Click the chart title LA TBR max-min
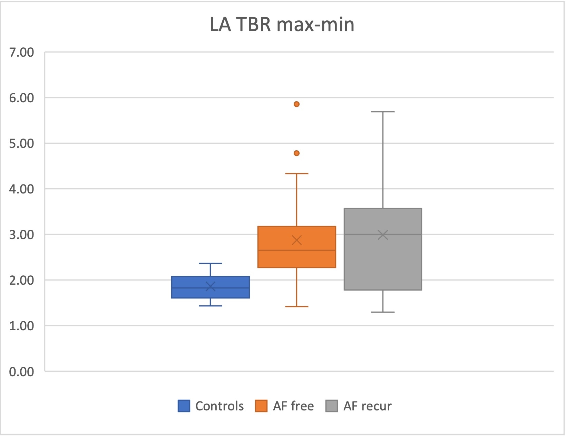[282, 25]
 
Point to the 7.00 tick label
[21, 53]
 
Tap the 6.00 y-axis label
[21, 98]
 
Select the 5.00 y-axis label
[21, 144]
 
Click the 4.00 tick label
[21, 189]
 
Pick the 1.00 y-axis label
[21, 326]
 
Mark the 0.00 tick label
[21, 372]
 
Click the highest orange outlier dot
[296, 104]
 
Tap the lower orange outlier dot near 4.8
[296, 153]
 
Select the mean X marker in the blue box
[211, 286]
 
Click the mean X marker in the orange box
[297, 240]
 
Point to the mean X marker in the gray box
[383, 235]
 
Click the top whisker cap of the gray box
[383, 112]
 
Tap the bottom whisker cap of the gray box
[383, 312]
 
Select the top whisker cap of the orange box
[297, 173]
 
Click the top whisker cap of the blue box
[211, 264]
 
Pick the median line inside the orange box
[297, 250]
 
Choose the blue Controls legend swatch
[184, 406]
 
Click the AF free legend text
[293, 406]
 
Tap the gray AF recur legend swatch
[332, 406]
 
